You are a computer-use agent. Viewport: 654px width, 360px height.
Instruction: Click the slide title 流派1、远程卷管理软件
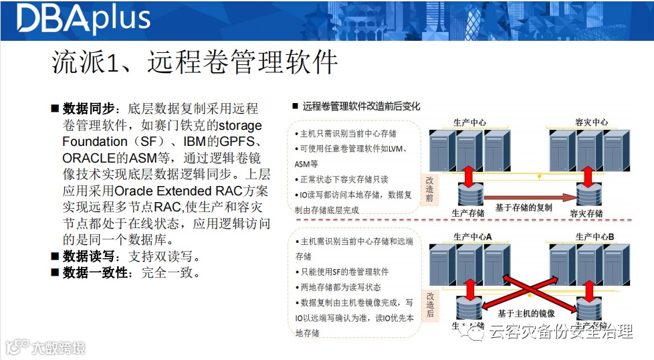click(195, 63)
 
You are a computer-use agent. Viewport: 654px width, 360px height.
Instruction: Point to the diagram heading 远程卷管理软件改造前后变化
click(362, 106)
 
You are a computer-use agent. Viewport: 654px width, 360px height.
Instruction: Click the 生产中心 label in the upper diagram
click(469, 122)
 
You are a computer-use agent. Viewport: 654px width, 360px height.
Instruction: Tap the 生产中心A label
click(472, 236)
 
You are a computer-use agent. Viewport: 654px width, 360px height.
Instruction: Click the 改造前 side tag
click(431, 189)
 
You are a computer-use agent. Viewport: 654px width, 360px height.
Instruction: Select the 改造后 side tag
click(431, 304)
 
